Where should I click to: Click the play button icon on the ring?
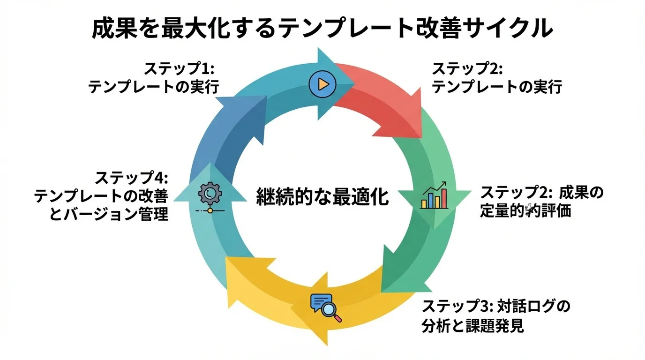point(322,84)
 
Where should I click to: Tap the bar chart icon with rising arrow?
point(434,195)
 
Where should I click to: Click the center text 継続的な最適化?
point(322,197)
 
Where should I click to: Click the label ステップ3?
point(455,307)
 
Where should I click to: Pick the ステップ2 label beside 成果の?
point(515,193)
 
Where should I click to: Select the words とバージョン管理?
point(108,215)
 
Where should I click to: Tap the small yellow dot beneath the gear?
point(210,211)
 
